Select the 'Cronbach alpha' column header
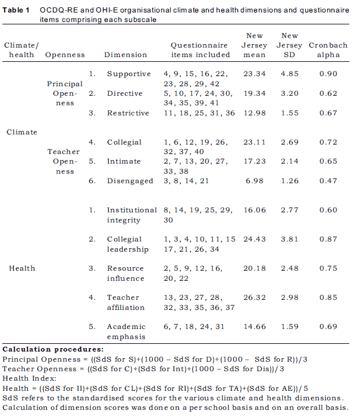[x=328, y=50]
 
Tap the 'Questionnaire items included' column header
[x=200, y=50]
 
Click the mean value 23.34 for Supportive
[x=254, y=74]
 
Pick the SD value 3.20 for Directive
[x=290, y=93]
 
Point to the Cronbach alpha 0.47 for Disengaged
[x=328, y=181]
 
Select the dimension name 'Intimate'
[x=124, y=161]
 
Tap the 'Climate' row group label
[x=21, y=132]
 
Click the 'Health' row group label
[x=22, y=268]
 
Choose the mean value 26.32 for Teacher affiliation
[x=254, y=297]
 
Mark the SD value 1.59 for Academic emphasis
[x=290, y=327]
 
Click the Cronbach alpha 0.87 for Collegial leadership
[x=328, y=239]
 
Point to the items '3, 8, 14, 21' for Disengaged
[x=186, y=181]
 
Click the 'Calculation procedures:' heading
[x=53, y=349]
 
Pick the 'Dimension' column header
[x=126, y=55]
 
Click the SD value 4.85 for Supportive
[x=290, y=74]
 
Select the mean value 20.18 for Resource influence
[x=254, y=268]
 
